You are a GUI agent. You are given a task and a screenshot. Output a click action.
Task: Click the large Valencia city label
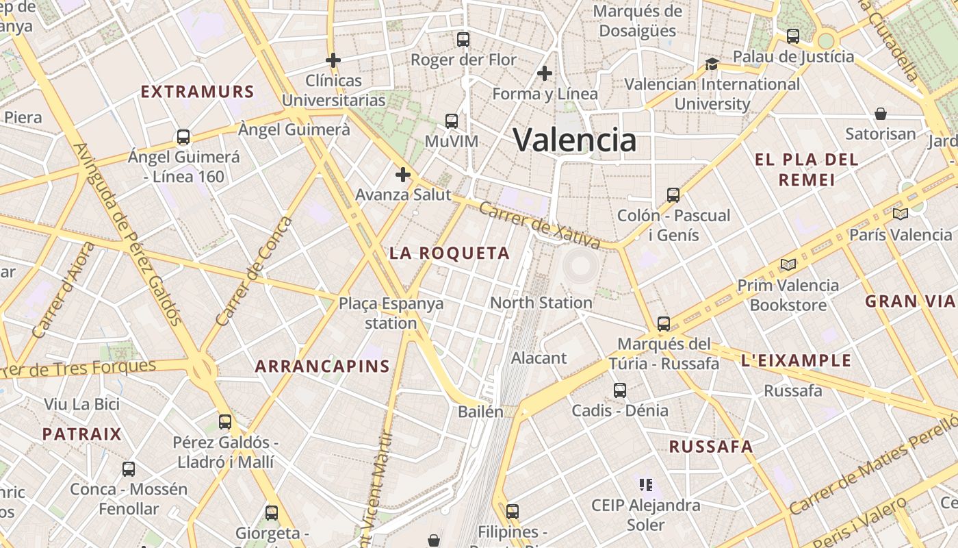click(575, 140)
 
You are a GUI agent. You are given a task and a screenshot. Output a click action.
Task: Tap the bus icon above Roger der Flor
click(463, 39)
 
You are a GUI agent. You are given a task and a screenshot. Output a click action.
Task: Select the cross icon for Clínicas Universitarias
click(333, 60)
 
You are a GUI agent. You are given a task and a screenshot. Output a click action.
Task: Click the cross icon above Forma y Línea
click(545, 73)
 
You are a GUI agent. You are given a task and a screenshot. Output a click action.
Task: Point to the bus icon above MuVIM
click(452, 121)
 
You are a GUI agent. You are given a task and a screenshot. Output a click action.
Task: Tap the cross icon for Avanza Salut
click(403, 175)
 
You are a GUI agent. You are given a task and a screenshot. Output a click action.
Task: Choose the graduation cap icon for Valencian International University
click(712, 64)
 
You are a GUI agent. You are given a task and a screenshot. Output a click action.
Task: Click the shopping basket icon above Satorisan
click(881, 113)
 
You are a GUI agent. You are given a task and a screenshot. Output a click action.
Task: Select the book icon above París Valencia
click(900, 214)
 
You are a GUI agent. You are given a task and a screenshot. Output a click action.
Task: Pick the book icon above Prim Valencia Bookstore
click(788, 264)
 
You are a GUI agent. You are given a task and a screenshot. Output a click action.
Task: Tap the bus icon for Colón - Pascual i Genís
click(673, 195)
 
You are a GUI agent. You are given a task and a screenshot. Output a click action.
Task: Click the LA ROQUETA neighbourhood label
click(450, 253)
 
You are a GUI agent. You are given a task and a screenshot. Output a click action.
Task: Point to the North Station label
click(541, 302)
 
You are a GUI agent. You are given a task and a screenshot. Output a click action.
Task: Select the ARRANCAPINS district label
click(322, 366)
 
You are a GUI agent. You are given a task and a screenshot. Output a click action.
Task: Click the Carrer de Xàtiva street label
click(539, 225)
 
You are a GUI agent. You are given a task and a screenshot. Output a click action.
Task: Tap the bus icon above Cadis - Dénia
click(620, 390)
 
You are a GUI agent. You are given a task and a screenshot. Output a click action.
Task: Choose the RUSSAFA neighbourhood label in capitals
click(710, 447)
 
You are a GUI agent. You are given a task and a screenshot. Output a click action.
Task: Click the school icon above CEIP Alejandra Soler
click(646, 485)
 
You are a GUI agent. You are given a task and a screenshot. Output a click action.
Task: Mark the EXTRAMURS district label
click(197, 92)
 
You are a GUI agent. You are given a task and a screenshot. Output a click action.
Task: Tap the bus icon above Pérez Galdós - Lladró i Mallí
click(225, 422)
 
